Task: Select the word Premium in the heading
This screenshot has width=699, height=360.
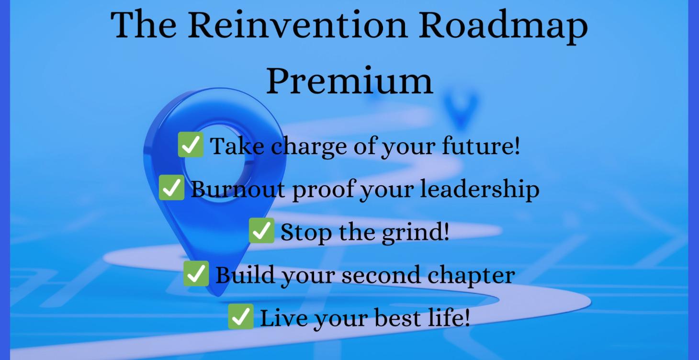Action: tap(349, 80)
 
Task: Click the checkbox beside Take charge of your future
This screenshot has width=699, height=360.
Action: tap(191, 145)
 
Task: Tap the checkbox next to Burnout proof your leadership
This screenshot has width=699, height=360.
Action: tap(171, 188)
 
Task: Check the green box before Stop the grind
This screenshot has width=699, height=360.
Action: tap(261, 231)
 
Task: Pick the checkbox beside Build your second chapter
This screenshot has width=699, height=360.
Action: tap(196, 274)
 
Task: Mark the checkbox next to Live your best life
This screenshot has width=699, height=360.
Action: tap(240, 317)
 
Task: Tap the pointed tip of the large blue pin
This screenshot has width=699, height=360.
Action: tap(218, 292)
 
